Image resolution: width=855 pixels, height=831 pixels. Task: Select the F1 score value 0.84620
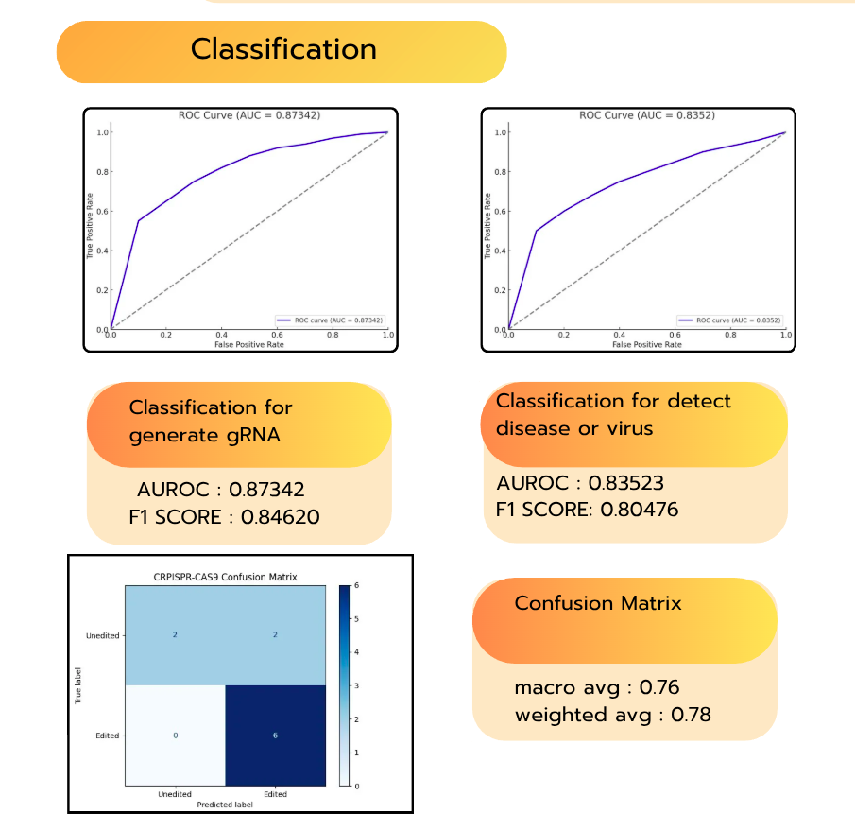pos(280,517)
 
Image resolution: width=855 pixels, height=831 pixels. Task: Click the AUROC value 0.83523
pos(625,483)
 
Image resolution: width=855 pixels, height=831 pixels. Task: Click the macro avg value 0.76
pos(659,687)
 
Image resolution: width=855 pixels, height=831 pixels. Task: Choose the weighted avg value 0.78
pos(691,715)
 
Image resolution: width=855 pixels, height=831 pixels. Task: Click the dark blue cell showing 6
pos(275,735)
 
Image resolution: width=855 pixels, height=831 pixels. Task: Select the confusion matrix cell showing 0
pos(175,735)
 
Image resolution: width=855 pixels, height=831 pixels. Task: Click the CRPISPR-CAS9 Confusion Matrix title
pos(225,575)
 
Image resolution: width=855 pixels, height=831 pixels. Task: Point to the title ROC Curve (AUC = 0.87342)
pos(249,115)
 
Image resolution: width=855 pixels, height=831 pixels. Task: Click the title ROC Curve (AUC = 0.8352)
pos(646,115)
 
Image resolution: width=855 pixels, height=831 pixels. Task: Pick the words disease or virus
pos(574,427)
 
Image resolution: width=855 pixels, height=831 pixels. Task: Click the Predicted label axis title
pos(225,805)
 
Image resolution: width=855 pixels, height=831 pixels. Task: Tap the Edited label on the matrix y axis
pos(108,735)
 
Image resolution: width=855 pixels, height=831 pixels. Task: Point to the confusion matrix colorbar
pos(344,685)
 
